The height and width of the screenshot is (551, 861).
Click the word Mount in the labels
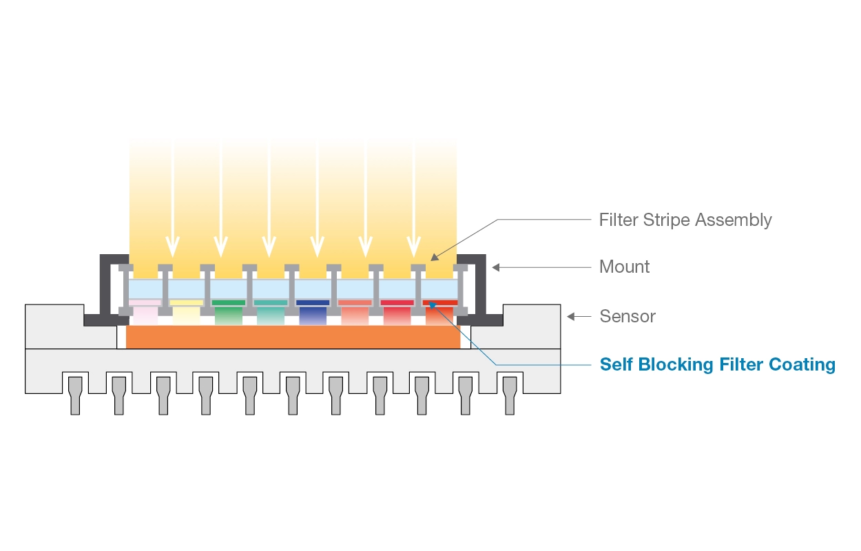coord(625,267)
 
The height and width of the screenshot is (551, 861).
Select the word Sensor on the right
coord(627,316)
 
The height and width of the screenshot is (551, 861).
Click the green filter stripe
coord(228,302)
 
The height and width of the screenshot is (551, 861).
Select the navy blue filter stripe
coord(313,302)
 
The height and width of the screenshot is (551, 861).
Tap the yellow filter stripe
coord(186,302)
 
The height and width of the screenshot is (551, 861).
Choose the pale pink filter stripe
coord(145,302)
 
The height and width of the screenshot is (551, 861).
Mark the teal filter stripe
coord(271,302)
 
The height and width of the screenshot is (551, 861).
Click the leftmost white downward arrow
coord(172,245)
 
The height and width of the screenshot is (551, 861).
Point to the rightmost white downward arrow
coord(413,245)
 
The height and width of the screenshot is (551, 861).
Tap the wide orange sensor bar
coord(293,337)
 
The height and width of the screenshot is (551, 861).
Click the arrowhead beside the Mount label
coord(496,267)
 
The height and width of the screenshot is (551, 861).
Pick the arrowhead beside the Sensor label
coord(570,316)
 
